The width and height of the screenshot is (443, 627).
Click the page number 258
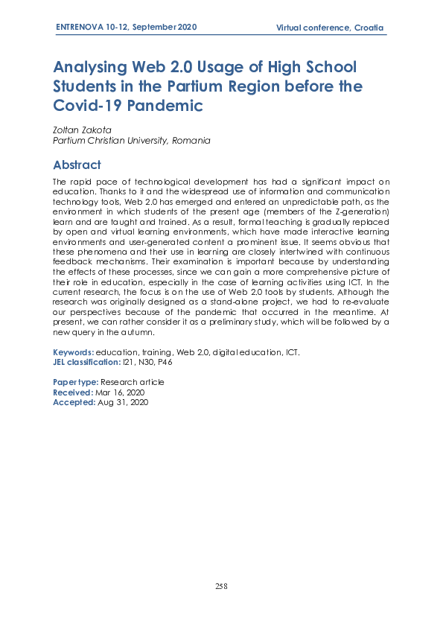point(221,586)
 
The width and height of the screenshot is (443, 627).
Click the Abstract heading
point(77,165)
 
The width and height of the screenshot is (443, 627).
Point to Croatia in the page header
point(369,28)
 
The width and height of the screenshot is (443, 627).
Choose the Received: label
point(73,392)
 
